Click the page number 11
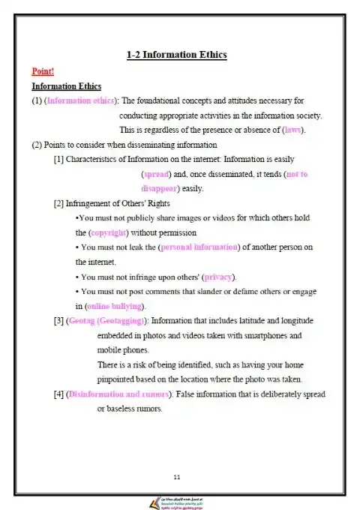[176, 477]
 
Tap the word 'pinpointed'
[118, 379]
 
